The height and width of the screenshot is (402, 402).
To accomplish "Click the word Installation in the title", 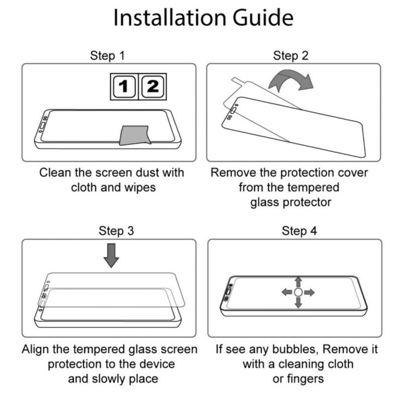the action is pyautogui.click(x=170, y=18).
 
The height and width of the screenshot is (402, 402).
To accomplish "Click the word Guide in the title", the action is pyautogui.click(x=263, y=18).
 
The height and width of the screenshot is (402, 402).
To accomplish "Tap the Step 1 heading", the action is pyautogui.click(x=108, y=56).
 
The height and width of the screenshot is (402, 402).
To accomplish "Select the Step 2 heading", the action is pyautogui.click(x=291, y=56).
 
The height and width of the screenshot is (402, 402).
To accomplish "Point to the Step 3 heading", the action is pyautogui.click(x=117, y=231).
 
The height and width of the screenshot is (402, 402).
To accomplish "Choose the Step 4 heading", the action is pyautogui.click(x=299, y=231).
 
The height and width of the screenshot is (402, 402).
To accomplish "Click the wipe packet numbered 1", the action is pyautogui.click(x=124, y=86).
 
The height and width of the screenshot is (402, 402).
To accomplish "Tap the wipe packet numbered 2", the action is pyautogui.click(x=153, y=86).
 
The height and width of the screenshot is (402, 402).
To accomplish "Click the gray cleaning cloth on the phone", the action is pyautogui.click(x=135, y=135).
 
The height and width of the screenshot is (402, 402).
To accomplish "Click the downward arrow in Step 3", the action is pyautogui.click(x=111, y=256).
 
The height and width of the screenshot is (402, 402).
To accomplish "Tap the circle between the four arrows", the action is pyautogui.click(x=298, y=292).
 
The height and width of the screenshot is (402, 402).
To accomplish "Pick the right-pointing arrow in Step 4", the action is pyautogui.click(x=309, y=292).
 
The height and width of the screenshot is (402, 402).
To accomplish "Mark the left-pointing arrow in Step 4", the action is pyautogui.click(x=287, y=292).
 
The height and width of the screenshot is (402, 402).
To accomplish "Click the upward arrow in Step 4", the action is pyautogui.click(x=298, y=282).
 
